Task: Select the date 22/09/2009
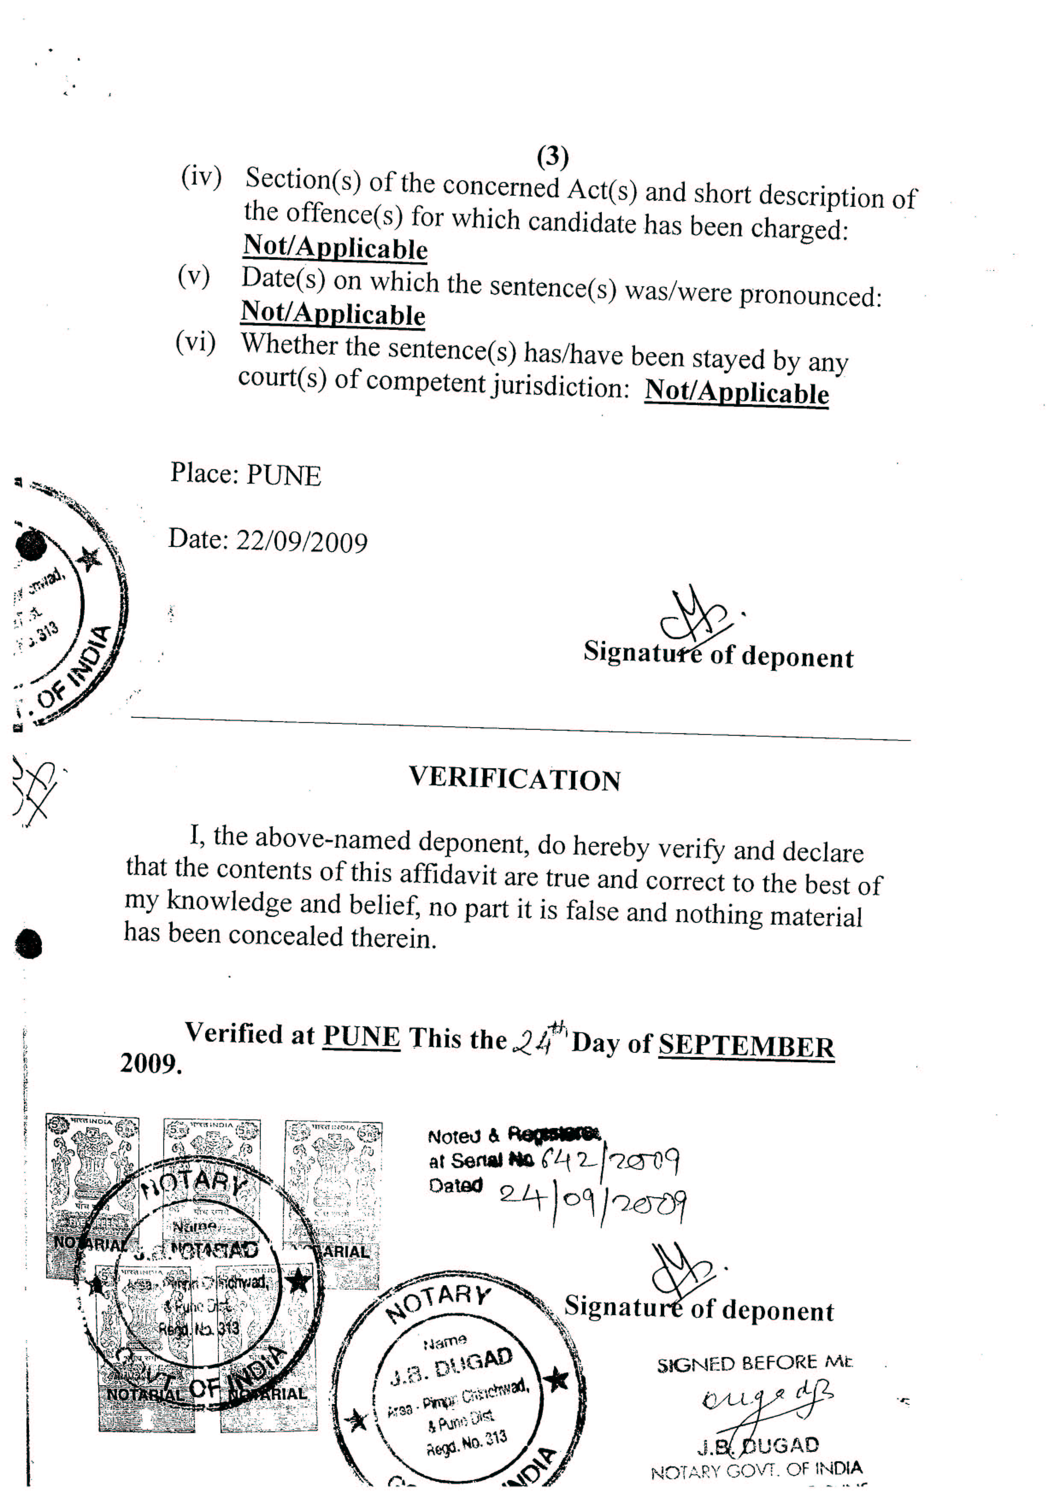click(x=302, y=541)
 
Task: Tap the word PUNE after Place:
click(x=283, y=476)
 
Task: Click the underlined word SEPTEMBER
click(x=746, y=1046)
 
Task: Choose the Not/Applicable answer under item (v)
click(x=333, y=314)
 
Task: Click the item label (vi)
click(x=195, y=342)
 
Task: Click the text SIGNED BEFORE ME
click(x=754, y=1363)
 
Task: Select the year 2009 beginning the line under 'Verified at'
click(x=150, y=1063)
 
